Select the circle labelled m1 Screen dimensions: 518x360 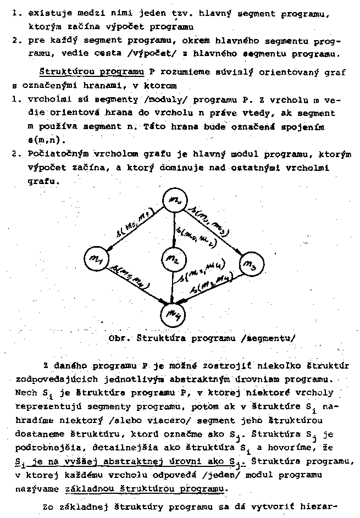click(97, 258)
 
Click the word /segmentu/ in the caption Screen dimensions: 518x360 click(268, 338)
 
